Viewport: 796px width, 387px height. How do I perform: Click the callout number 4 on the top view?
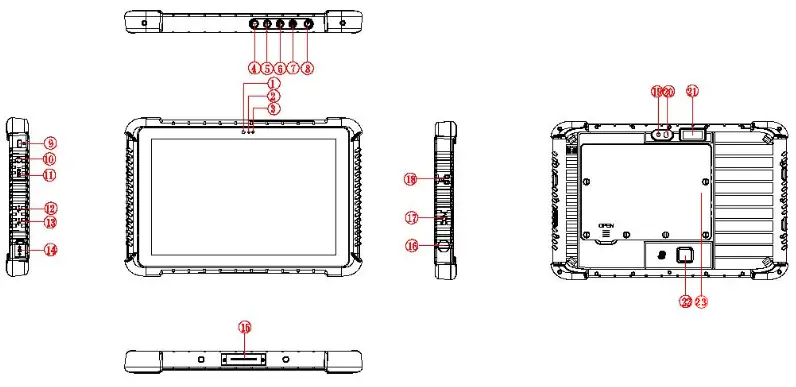[x=254, y=69]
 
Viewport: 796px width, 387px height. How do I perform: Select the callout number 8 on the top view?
[x=308, y=69]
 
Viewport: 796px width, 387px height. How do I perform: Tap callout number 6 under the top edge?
[x=281, y=69]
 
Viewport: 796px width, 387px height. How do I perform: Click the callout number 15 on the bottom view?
[x=244, y=327]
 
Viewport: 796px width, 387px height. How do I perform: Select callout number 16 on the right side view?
[x=411, y=244]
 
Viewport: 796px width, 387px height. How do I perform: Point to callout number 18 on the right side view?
[x=411, y=180]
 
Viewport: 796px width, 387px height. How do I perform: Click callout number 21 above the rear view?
[x=692, y=91]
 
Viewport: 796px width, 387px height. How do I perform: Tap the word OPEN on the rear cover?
[x=605, y=226]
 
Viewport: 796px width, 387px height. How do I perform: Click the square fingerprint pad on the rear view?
[x=685, y=257]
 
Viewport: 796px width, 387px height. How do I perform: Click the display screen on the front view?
[x=244, y=198]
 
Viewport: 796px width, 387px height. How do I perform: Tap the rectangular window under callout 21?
[x=692, y=134]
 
